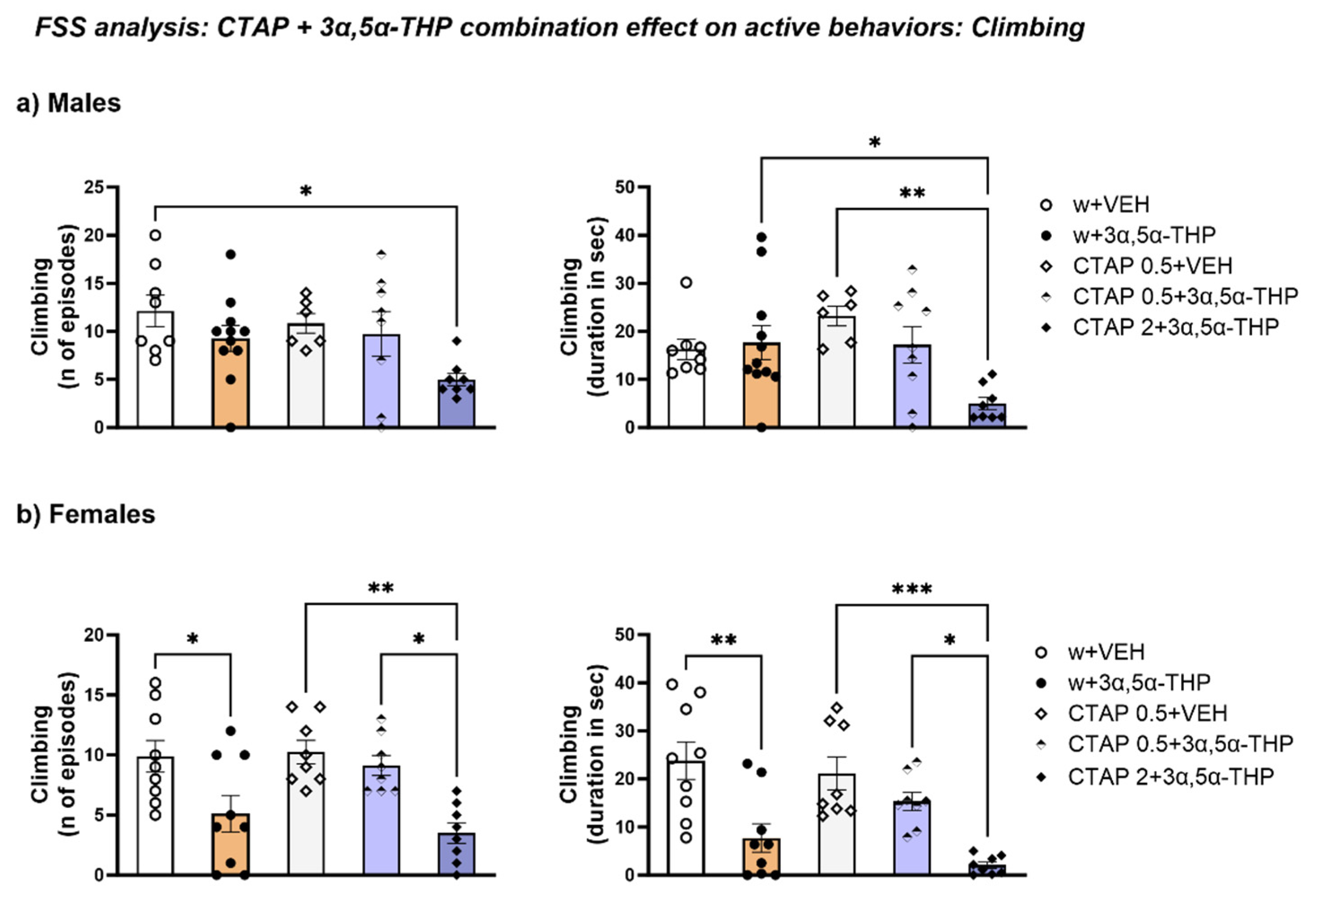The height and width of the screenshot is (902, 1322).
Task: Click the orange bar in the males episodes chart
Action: point(230,387)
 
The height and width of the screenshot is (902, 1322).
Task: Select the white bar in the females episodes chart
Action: point(155,819)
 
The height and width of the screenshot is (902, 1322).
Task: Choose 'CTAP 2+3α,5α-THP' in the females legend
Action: point(1171,776)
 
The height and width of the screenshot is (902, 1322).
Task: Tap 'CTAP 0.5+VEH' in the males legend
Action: point(1152,266)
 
